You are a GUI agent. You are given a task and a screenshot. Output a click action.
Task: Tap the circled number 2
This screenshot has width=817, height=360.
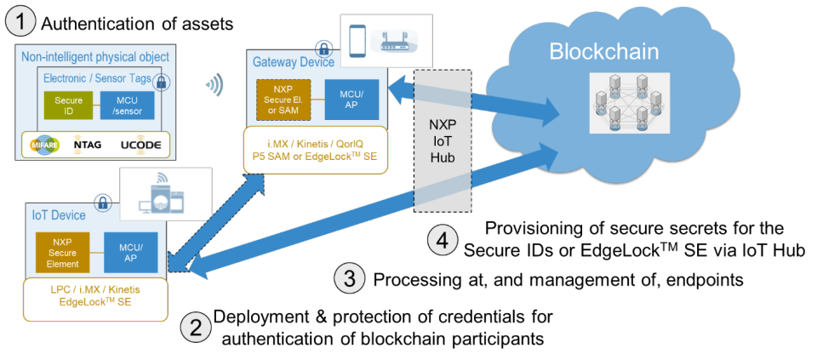tap(195, 327)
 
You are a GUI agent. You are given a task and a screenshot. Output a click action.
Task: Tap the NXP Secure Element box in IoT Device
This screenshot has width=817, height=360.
tap(62, 253)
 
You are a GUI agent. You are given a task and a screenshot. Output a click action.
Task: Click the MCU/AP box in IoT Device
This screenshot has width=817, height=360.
tap(129, 253)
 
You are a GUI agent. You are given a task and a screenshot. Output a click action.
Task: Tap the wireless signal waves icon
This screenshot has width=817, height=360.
tap(216, 83)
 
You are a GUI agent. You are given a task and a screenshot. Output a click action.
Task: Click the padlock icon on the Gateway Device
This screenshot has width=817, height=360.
tap(324, 48)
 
